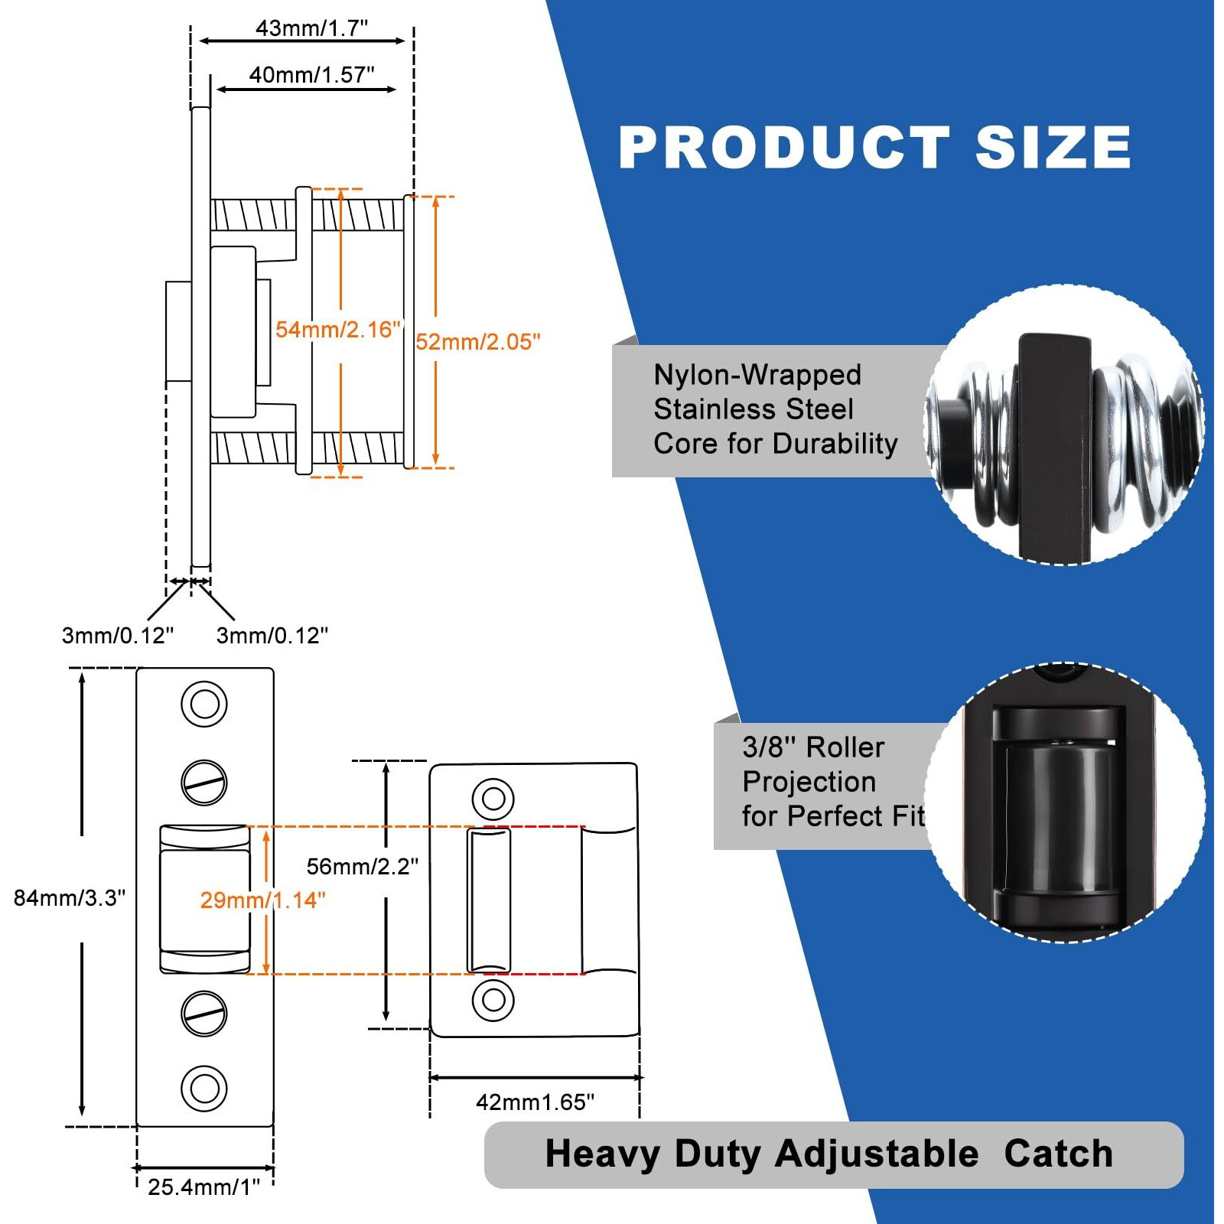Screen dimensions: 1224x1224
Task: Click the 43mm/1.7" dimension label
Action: pos(311,28)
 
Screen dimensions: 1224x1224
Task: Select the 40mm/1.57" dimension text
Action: pos(311,75)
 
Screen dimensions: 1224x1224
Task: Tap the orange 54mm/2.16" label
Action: pos(338,330)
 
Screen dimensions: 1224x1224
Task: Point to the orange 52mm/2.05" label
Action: pos(477,342)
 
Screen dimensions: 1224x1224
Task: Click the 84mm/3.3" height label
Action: pos(70,897)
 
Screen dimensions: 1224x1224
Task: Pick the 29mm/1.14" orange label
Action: pos(262,900)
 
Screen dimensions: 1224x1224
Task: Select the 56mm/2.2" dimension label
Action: pos(362,866)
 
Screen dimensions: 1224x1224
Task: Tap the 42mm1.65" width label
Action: pos(535,1102)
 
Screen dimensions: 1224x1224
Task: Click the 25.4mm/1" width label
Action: pos(203,1187)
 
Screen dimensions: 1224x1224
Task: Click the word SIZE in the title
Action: pos(1053,148)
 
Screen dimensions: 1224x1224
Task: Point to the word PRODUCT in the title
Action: pos(784,148)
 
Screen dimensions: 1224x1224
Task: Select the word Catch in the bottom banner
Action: pos(1058,1154)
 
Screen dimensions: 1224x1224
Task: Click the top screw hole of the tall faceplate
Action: pos(204,704)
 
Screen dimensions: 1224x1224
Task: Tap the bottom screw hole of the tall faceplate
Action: pos(204,1087)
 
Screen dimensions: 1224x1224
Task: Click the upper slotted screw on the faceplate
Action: pos(204,782)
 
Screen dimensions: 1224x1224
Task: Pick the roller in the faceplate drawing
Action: pos(204,899)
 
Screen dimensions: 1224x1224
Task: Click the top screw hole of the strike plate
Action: pos(493,799)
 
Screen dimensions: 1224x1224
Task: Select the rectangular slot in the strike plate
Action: pos(489,900)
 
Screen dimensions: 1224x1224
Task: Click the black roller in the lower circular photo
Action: pos(1060,819)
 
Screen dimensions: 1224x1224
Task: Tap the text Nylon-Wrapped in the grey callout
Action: pos(757,375)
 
